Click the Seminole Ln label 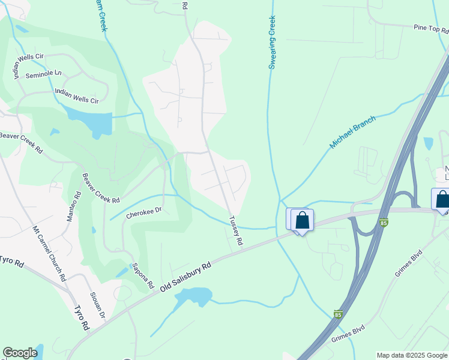click(44, 74)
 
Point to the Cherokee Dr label click(145, 212)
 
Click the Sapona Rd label click(143, 275)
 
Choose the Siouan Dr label click(97, 305)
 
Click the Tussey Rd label click(235, 231)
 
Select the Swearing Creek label click(272, 43)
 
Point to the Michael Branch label click(352, 133)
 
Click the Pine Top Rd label click(430, 28)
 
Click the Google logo click(20, 353)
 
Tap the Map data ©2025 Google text click(411, 355)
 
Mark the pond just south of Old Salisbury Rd click(196, 296)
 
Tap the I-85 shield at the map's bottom click(339, 314)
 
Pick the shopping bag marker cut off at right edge click(441, 199)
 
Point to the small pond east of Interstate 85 click(428, 143)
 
